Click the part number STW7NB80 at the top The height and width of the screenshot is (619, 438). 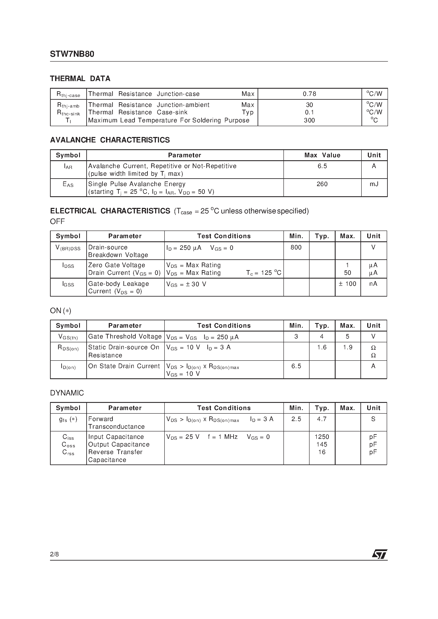pyautogui.click(x=72, y=54)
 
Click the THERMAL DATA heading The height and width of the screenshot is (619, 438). pyautogui.click(x=80, y=79)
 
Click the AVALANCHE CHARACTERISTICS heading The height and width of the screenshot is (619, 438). pyautogui.click(x=110, y=140)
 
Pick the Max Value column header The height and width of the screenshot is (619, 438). pyautogui.click(x=322, y=155)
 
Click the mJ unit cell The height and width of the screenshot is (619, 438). pyautogui.click(x=374, y=184)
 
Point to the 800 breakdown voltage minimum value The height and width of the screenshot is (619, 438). pyautogui.click(x=296, y=247)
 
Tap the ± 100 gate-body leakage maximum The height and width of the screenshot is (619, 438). pyautogui.click(x=347, y=284)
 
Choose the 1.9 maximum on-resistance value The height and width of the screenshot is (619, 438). pyautogui.click(x=347, y=347)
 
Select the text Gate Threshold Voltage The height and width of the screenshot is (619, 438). pyautogui.click(x=125, y=336)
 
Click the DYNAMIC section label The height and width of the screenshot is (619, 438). pyautogui.click(x=67, y=393)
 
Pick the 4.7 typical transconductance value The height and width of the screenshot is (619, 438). pyautogui.click(x=322, y=419)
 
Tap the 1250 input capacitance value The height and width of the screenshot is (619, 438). pyautogui.click(x=322, y=437)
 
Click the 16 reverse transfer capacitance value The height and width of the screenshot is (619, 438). pyautogui.click(x=322, y=452)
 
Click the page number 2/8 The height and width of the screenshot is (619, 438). pyautogui.click(x=54, y=554)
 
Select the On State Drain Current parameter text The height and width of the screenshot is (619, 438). pyautogui.click(x=124, y=366)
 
